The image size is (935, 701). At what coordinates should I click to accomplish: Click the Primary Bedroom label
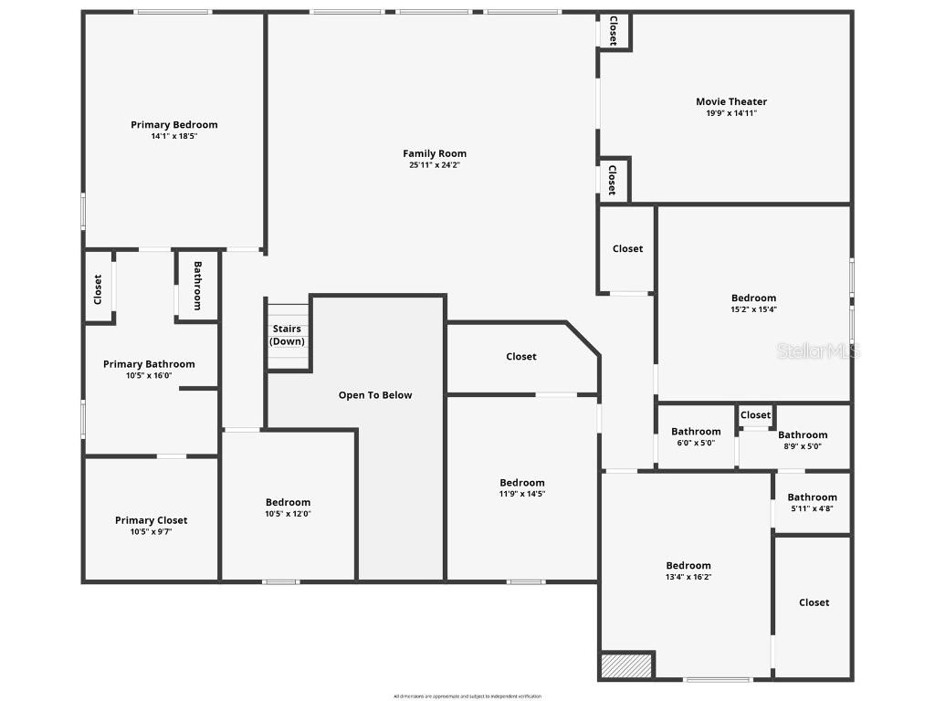173,125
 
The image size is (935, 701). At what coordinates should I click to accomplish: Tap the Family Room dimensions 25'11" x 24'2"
435,165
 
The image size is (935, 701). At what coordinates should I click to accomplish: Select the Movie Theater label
731,102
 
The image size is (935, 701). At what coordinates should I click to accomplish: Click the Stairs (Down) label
287,335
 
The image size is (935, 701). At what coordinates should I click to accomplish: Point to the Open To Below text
375,395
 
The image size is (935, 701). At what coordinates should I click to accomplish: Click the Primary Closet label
151,520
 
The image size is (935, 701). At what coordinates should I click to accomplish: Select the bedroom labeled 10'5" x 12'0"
288,507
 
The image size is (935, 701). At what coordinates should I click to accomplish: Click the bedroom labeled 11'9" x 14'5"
521,488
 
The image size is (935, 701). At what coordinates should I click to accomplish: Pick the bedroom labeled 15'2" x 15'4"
753,303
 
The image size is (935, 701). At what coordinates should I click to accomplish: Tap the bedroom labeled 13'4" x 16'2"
688,570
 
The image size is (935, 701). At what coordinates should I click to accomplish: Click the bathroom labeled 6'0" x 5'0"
696,436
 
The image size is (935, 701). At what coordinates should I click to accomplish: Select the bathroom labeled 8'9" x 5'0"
803,440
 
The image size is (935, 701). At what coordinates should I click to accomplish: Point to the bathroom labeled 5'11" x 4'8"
812,502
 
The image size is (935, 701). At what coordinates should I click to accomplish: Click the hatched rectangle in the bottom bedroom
627,664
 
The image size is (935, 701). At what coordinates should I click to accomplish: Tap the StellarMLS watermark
818,350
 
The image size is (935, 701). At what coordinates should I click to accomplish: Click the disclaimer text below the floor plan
467,696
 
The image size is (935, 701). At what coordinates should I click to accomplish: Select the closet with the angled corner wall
521,357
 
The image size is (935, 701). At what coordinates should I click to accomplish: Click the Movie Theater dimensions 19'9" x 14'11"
731,113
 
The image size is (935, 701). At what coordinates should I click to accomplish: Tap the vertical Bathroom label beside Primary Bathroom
196,286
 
